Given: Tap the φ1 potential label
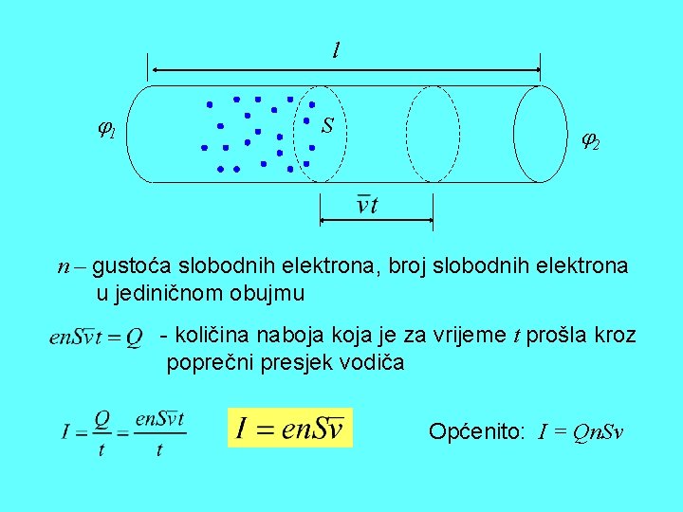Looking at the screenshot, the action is coord(106,129).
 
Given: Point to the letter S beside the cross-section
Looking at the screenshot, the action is coord(327,125).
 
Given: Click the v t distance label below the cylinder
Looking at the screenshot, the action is coord(366,204).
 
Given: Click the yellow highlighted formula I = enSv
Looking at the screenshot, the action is coord(289,428).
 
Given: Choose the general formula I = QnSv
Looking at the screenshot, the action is coord(581,433).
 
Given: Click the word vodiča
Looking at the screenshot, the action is coord(377,361).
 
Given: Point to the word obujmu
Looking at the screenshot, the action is coord(269,293).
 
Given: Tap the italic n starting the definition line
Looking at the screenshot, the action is coord(63,267).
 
